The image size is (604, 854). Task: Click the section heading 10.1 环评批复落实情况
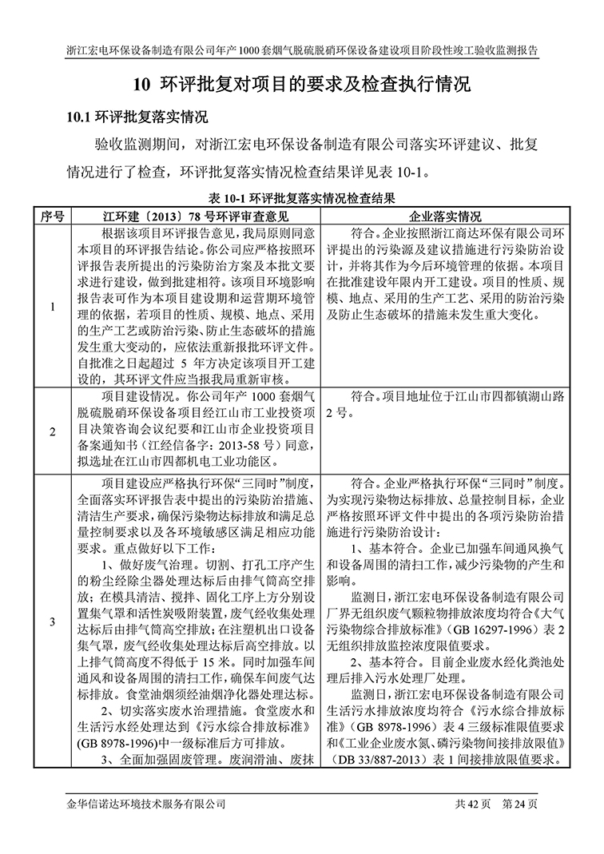[137, 118]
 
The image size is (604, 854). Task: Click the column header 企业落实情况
[445, 215]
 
